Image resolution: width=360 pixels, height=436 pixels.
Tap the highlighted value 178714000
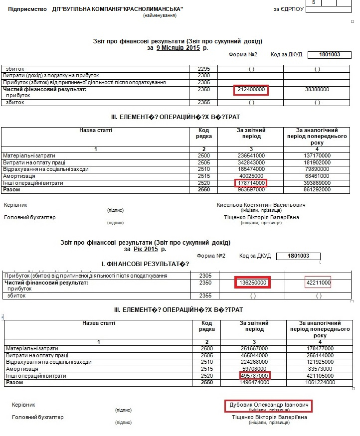click(x=251, y=183)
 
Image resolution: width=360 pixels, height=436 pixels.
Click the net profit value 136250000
click(x=252, y=283)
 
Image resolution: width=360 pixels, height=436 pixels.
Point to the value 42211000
click(x=318, y=283)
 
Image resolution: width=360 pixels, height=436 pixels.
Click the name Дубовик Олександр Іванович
click(x=268, y=406)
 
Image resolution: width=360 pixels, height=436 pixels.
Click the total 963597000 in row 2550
click(x=250, y=190)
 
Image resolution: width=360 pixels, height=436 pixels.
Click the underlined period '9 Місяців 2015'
click(x=178, y=48)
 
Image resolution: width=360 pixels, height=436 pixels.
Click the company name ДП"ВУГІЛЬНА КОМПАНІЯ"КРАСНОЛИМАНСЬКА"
click(x=118, y=9)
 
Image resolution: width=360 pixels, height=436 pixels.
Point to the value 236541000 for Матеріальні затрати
click(x=251, y=156)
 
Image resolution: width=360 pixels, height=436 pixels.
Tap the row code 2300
click(x=204, y=75)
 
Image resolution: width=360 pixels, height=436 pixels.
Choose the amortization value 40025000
click(x=251, y=176)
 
